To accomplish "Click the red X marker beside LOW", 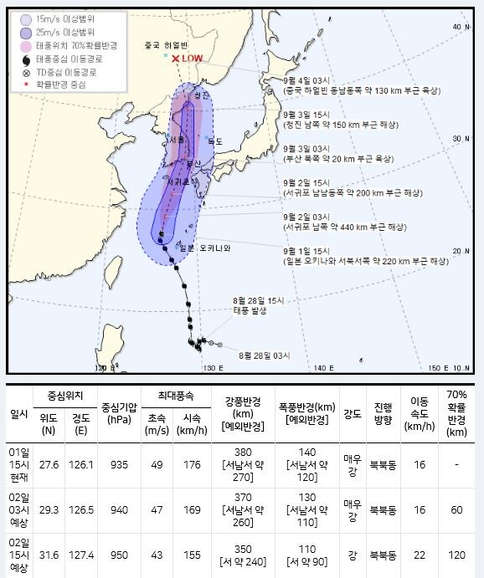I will tap(175, 59).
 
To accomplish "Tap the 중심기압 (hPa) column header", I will tap(111, 412).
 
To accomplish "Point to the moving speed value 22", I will tap(417, 555).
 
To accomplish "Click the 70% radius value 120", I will tap(456, 555).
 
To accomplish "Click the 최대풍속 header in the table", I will tap(170, 395).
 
